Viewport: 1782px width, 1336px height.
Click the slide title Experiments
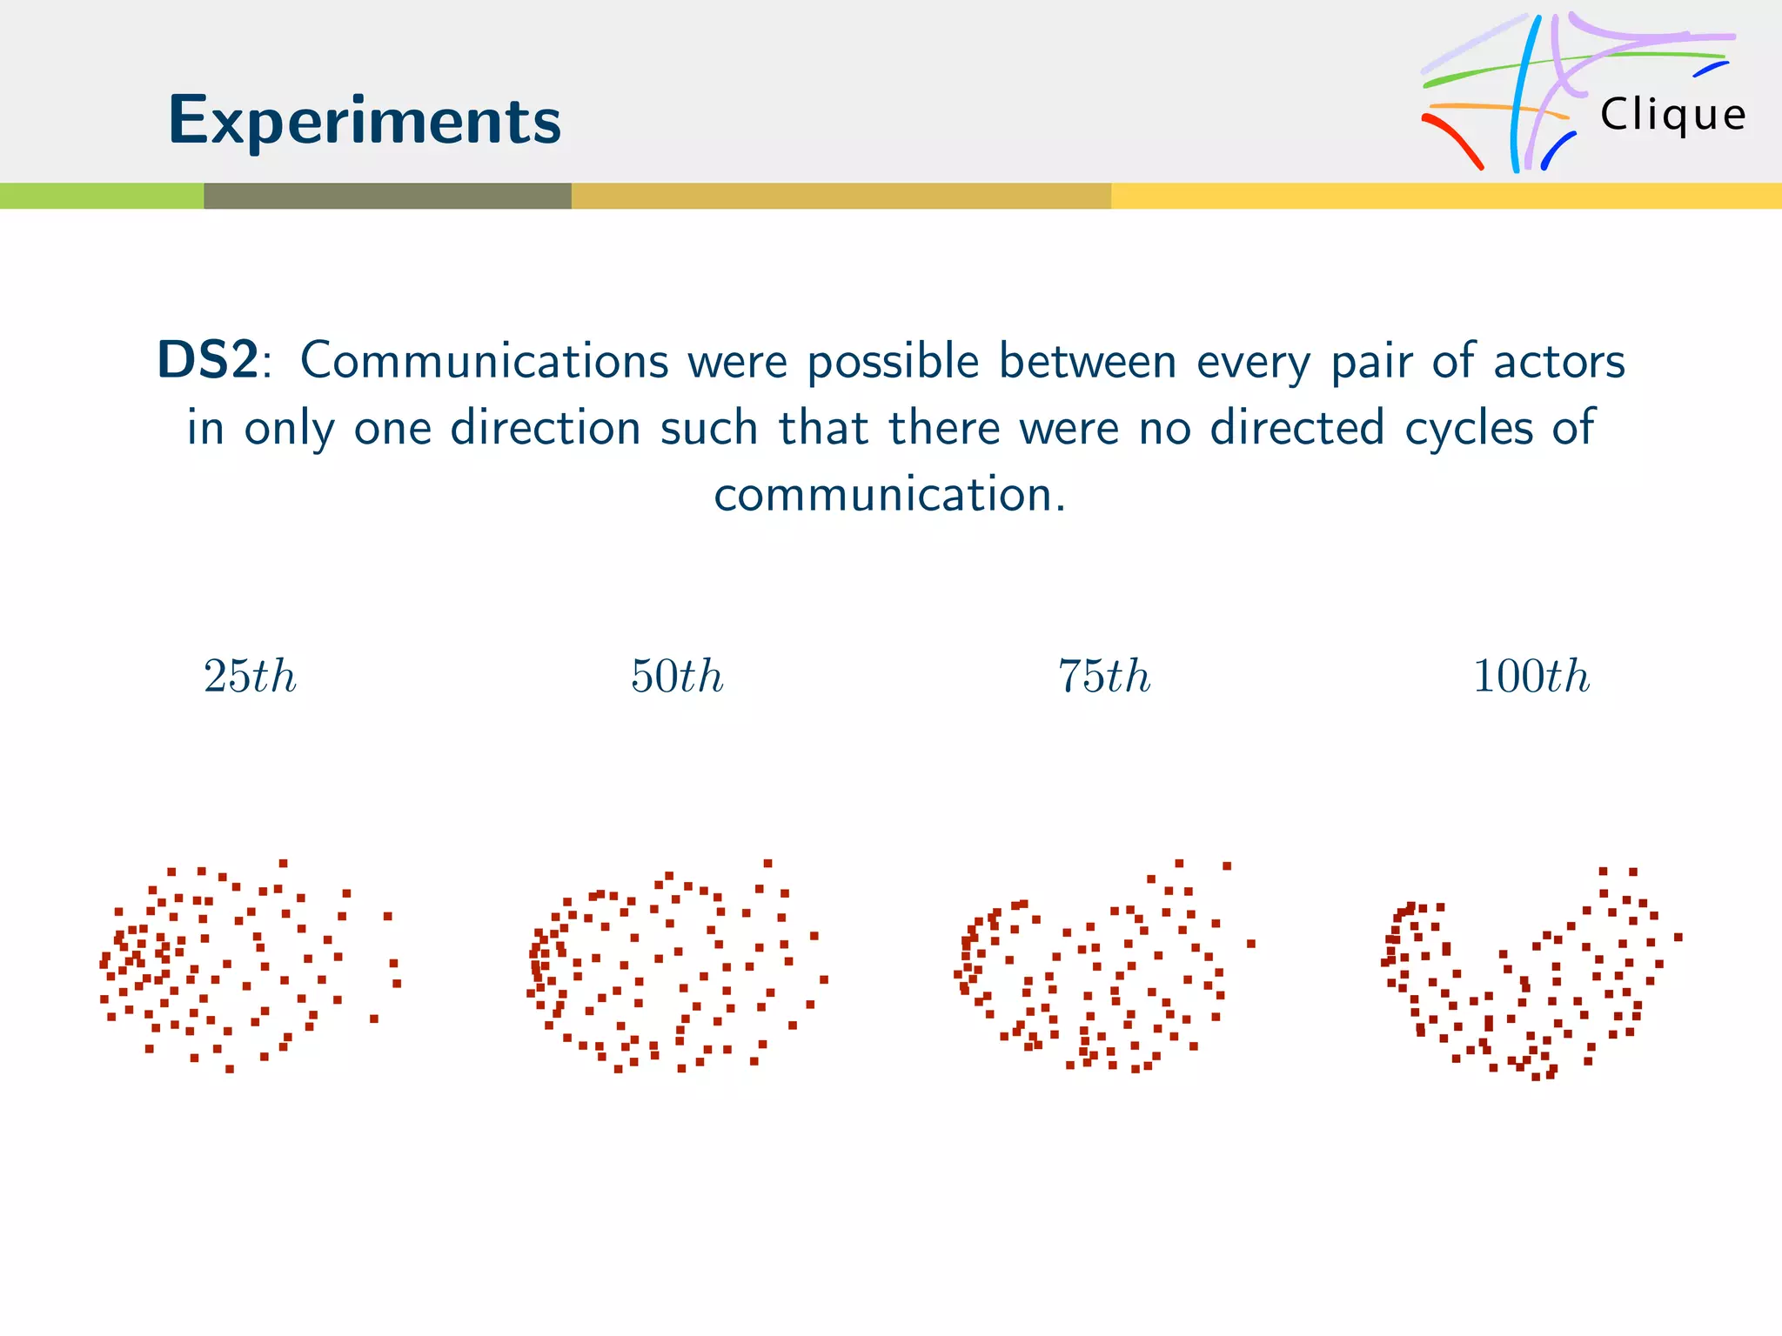[365, 121]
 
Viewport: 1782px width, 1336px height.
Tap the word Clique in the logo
[1672, 115]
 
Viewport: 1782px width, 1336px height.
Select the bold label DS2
[208, 360]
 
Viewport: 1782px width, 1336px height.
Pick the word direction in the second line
[546, 427]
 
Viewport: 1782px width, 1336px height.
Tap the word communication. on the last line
[889, 494]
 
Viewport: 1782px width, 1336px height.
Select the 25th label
[250, 676]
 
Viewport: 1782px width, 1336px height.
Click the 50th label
[677, 676]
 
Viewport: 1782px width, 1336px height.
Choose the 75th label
[1104, 676]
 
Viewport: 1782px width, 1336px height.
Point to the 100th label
[1531, 676]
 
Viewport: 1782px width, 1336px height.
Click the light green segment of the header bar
[102, 196]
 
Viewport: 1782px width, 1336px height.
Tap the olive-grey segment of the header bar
[387, 196]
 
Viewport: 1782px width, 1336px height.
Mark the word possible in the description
[894, 362]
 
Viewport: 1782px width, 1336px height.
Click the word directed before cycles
[1296, 427]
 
